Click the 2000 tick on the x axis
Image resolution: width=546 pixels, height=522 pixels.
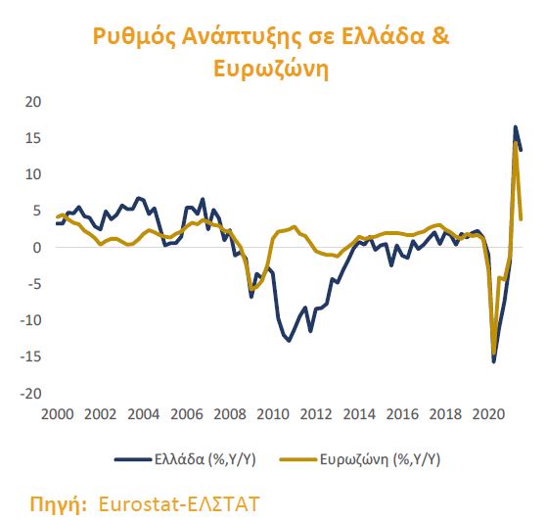[x=59, y=414]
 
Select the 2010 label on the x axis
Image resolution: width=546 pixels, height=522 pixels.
[x=271, y=414]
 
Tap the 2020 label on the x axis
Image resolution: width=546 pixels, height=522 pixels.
[x=483, y=414]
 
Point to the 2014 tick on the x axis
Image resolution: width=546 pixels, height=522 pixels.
[x=356, y=414]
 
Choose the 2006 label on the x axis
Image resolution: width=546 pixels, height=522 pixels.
[x=186, y=414]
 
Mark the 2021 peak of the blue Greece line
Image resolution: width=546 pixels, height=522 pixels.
[x=516, y=126]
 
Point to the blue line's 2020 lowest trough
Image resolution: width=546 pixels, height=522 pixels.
[x=493, y=361]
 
